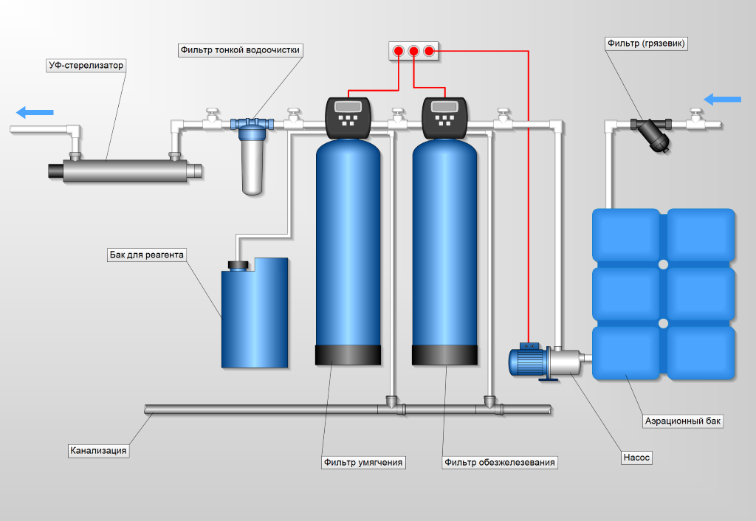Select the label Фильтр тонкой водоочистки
(x=241, y=49)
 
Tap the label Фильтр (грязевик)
(x=646, y=44)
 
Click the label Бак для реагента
(x=145, y=255)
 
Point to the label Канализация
(x=98, y=450)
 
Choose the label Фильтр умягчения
(x=364, y=463)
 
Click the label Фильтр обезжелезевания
(x=500, y=463)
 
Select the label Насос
(x=637, y=458)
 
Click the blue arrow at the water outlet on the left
(x=35, y=112)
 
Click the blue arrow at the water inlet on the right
(x=721, y=99)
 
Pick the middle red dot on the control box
(x=413, y=51)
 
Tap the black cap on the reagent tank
(x=238, y=264)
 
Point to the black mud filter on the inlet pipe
(x=655, y=137)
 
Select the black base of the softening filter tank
(x=348, y=355)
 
